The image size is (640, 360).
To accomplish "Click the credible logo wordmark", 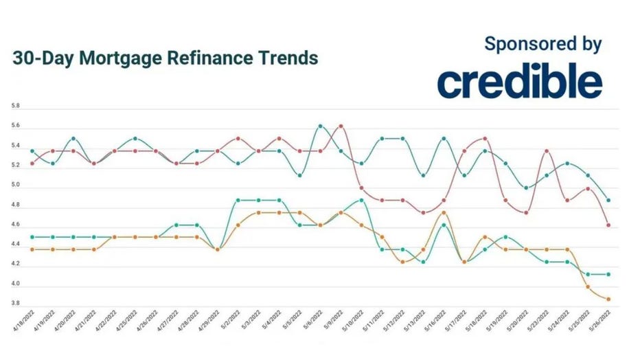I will click(x=520, y=82).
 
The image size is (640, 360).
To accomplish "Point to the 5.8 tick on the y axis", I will click(x=15, y=107).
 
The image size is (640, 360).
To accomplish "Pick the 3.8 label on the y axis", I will click(x=15, y=303).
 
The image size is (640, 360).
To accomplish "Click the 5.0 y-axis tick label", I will click(x=15, y=185).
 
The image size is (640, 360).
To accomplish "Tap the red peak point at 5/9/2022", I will click(x=341, y=126).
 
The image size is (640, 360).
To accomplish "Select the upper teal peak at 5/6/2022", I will click(x=320, y=126).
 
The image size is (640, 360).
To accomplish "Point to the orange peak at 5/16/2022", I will click(x=444, y=212).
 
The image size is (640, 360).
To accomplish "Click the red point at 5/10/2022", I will click(x=361, y=188).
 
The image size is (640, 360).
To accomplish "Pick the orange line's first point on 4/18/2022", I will click(x=32, y=249).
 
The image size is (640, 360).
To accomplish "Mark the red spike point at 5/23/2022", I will click(x=546, y=150).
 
